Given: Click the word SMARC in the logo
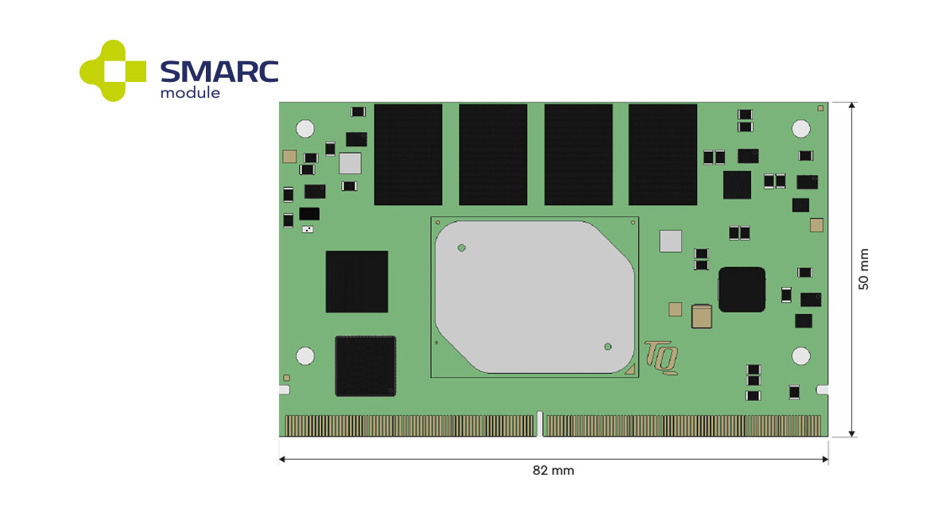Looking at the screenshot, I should click(219, 72).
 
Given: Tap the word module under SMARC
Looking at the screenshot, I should click(190, 92).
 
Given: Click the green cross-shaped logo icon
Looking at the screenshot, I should click(113, 71).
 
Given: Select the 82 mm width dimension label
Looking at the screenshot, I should click(552, 471).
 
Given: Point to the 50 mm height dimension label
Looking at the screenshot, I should click(863, 270).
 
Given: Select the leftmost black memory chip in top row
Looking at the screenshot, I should click(408, 154).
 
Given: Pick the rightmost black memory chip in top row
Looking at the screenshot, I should click(662, 154).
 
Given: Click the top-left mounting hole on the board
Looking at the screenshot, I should click(304, 128).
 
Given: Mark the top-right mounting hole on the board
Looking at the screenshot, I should click(800, 128).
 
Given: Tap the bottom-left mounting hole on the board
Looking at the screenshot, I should click(304, 356).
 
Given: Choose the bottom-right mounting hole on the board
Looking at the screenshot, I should click(800, 356).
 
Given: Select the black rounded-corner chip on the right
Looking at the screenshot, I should click(742, 289).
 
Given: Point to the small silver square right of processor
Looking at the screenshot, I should click(672, 240).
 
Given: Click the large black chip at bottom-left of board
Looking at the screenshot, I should click(365, 366).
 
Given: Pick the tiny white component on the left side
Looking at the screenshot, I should click(308, 230).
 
